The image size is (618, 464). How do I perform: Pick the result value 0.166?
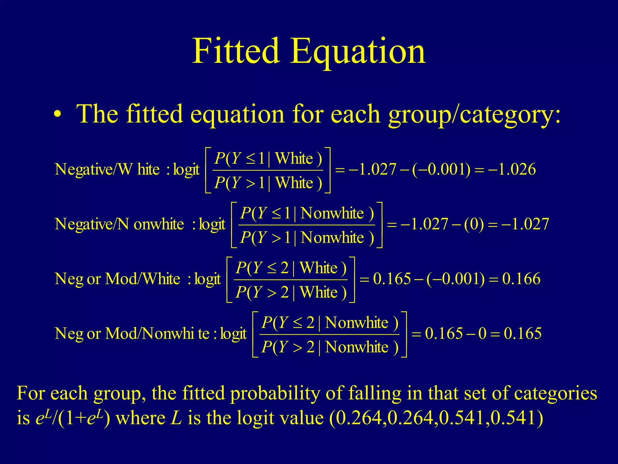click(x=521, y=279)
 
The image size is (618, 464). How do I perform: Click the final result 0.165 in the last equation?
click(x=523, y=333)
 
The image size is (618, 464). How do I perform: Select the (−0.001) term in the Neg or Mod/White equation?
click(x=455, y=279)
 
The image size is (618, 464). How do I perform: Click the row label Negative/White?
click(x=107, y=169)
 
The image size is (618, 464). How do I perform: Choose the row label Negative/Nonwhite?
click(x=119, y=224)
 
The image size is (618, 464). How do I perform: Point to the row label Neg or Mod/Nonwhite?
click(x=132, y=333)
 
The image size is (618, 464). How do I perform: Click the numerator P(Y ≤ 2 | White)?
click(x=291, y=268)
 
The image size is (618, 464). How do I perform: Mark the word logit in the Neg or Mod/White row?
click(x=208, y=279)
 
